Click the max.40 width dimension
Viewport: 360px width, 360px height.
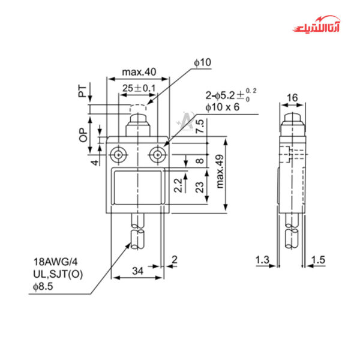coord(139,72)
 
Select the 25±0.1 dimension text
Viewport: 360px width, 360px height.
coord(139,88)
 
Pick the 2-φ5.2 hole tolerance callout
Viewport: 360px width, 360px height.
coord(230,94)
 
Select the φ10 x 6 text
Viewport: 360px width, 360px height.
coord(222,107)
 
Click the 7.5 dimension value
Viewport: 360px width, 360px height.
coord(200,127)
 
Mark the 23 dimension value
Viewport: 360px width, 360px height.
coord(199,187)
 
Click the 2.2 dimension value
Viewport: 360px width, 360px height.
coord(178,185)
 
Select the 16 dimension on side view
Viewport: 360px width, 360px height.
coord(292,98)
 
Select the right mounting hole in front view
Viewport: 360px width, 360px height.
coord(158,155)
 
